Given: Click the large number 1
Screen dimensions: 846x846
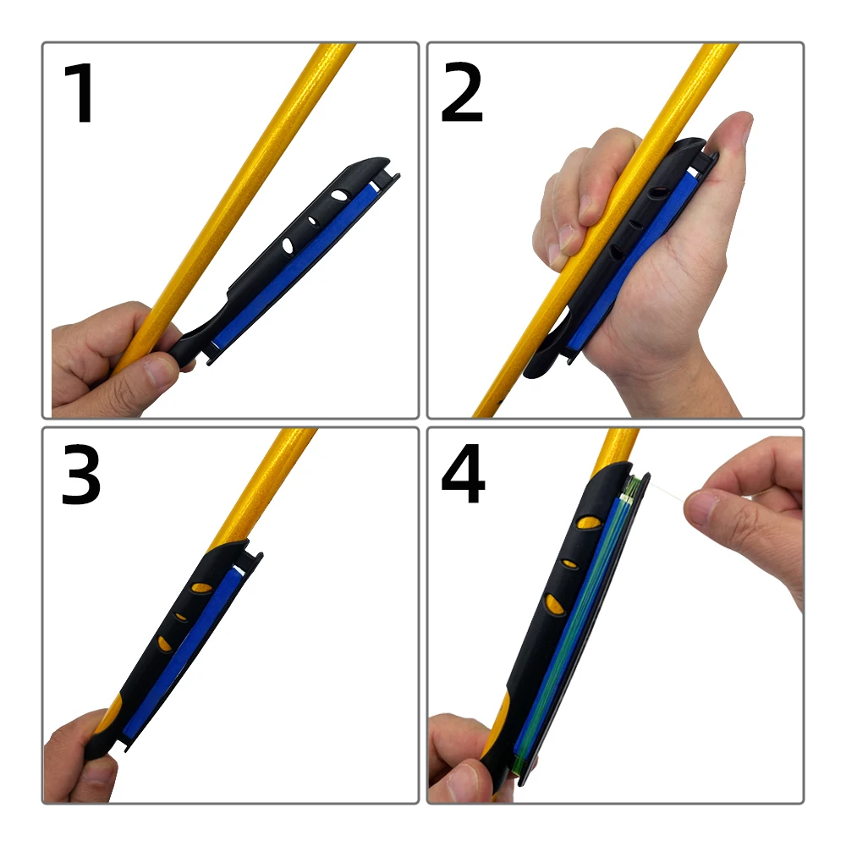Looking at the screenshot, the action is tap(80, 93).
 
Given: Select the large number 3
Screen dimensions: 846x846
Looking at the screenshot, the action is tap(81, 475).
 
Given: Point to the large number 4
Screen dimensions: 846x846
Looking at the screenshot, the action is tap(463, 474).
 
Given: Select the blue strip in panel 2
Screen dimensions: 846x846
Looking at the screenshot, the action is tap(631, 259).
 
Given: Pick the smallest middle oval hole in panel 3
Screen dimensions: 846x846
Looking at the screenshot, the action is tap(181, 616).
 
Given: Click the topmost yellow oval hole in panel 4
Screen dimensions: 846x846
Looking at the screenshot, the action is tap(589, 522).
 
